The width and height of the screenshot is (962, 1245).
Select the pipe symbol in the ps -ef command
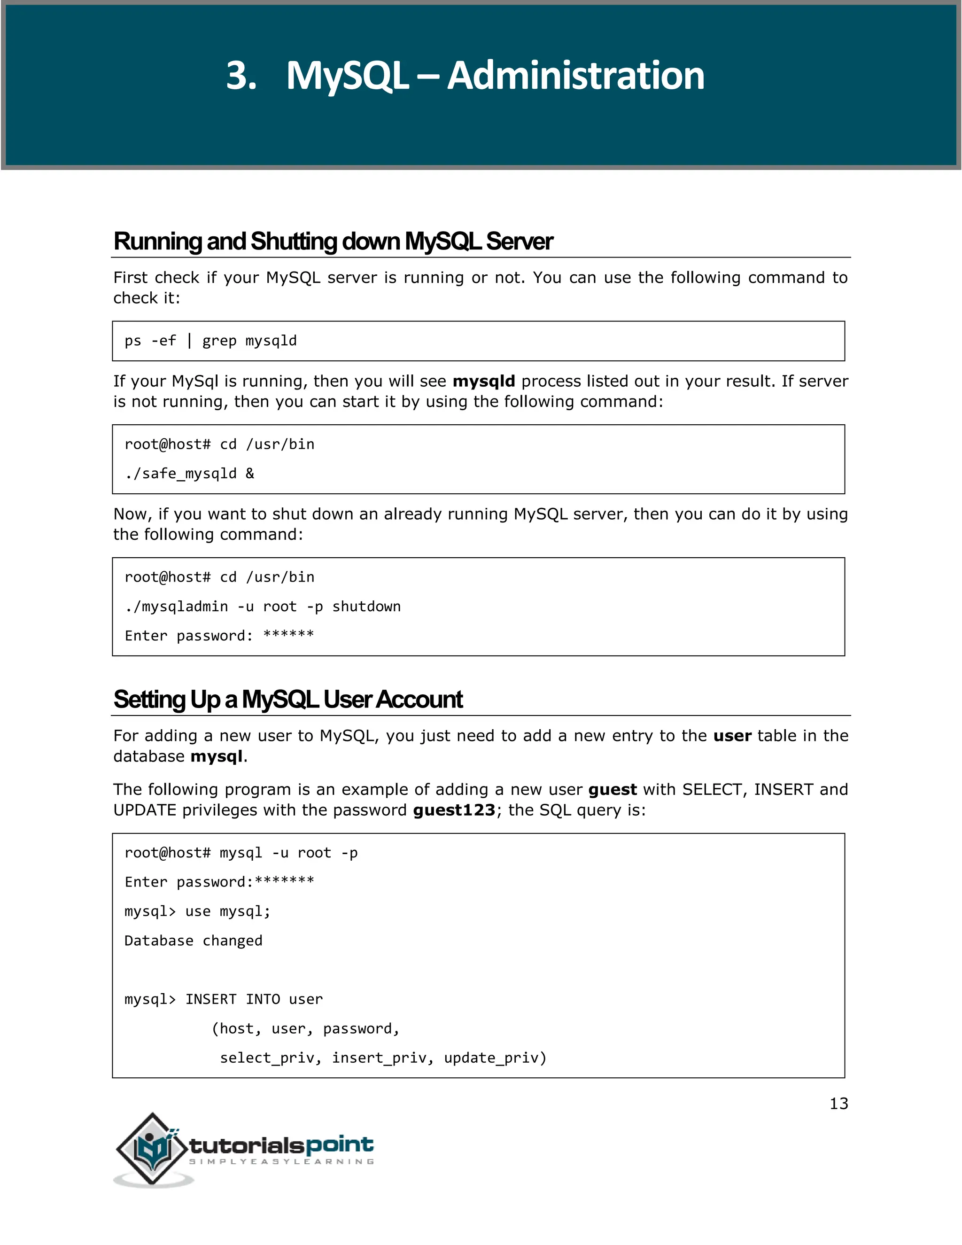(189, 341)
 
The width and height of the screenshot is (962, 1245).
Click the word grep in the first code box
(219, 341)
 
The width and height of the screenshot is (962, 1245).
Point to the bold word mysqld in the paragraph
(483, 381)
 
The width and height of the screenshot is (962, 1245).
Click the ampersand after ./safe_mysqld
(249, 474)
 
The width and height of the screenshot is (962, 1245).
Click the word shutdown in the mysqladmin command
(366, 607)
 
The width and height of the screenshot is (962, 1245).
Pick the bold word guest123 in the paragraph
(454, 810)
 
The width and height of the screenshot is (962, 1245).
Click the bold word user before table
(732, 736)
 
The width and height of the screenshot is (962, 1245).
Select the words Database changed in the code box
(193, 941)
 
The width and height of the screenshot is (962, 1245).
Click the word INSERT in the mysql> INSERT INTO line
(210, 999)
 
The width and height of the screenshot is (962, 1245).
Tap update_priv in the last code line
(495, 1058)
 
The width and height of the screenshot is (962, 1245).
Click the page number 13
(838, 1104)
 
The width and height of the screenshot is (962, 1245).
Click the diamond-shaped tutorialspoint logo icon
(152, 1148)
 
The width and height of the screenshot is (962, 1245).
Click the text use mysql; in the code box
(227, 911)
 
